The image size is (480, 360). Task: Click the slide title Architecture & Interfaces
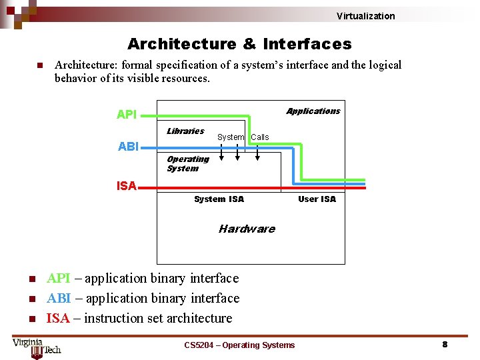[239, 44]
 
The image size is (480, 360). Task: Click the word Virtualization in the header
[365, 16]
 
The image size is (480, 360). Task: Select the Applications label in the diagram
[313, 111]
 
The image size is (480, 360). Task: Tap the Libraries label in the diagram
[185, 131]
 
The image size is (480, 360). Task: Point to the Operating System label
[187, 163]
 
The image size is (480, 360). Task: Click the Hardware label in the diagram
[247, 229]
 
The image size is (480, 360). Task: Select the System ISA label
[219, 199]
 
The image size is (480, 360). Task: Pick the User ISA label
[317, 199]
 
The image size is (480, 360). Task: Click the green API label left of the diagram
[127, 115]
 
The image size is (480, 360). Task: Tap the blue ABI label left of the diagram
[128, 147]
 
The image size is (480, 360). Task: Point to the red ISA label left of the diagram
[126, 186]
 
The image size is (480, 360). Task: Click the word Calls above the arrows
[260, 137]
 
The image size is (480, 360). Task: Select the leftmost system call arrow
[221, 152]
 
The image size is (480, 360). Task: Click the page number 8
[445, 345]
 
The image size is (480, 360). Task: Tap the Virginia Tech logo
[37, 347]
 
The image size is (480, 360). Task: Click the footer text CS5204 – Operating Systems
[239, 345]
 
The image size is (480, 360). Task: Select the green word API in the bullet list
[58, 278]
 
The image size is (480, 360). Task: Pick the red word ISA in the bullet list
[58, 318]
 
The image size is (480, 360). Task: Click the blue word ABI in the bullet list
[58, 298]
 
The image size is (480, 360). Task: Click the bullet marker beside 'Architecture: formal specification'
[39, 65]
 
